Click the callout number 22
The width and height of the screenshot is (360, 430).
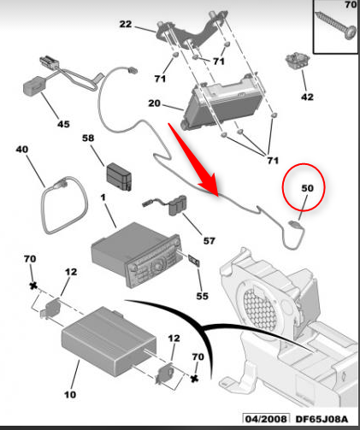[126, 24]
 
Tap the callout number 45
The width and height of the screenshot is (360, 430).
[63, 124]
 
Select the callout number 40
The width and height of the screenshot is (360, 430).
[22, 150]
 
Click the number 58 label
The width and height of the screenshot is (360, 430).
[88, 138]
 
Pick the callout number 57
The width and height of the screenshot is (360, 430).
[209, 241]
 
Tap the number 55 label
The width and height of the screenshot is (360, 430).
[202, 296]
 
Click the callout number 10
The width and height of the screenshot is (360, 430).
[70, 395]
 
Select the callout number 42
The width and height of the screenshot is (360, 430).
[307, 97]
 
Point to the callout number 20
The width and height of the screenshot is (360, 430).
[154, 103]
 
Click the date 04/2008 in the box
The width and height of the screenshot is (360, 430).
[266, 419]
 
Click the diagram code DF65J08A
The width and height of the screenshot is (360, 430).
[322, 419]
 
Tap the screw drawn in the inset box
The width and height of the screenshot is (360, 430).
[335, 25]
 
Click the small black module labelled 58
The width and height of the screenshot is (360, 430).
[119, 177]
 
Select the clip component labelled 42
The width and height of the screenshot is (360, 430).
[298, 60]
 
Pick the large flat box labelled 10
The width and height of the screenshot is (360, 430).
[109, 341]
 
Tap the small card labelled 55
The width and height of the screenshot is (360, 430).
[194, 261]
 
